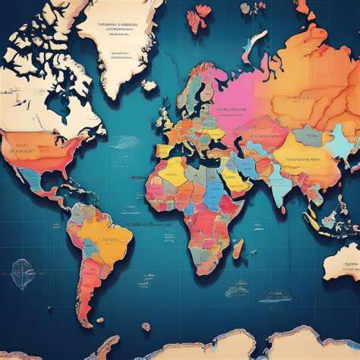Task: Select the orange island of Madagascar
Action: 238,248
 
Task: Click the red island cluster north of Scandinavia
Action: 201,15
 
